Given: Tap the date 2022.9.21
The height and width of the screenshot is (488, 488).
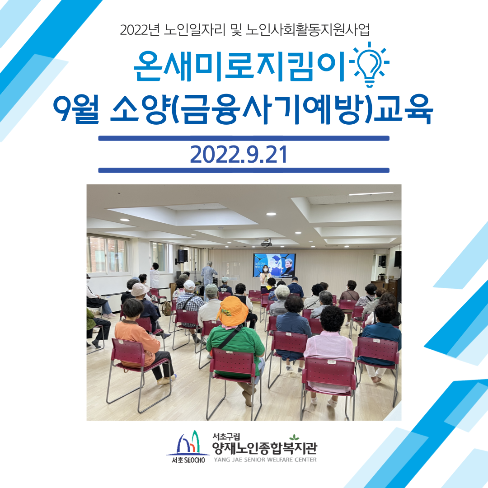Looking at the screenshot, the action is click(x=239, y=155).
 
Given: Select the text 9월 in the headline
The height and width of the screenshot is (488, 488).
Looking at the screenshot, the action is click(x=76, y=108).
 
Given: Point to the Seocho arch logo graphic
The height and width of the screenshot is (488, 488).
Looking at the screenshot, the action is click(x=188, y=442).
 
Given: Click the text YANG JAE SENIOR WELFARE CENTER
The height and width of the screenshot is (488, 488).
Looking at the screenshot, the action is click(x=265, y=460).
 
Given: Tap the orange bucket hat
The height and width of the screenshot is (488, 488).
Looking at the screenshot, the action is click(x=232, y=310).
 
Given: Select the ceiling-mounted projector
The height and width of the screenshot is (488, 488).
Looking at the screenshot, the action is click(x=266, y=243).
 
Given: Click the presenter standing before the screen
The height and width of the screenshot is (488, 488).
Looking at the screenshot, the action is click(x=265, y=277).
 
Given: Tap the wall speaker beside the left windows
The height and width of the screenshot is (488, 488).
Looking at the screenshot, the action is click(x=183, y=255).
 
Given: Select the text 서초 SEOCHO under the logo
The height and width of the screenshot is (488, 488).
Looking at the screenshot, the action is click(x=188, y=460).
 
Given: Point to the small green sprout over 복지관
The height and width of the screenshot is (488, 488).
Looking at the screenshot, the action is click(x=294, y=437).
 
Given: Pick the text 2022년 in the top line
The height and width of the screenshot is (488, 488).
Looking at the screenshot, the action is click(x=140, y=30).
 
